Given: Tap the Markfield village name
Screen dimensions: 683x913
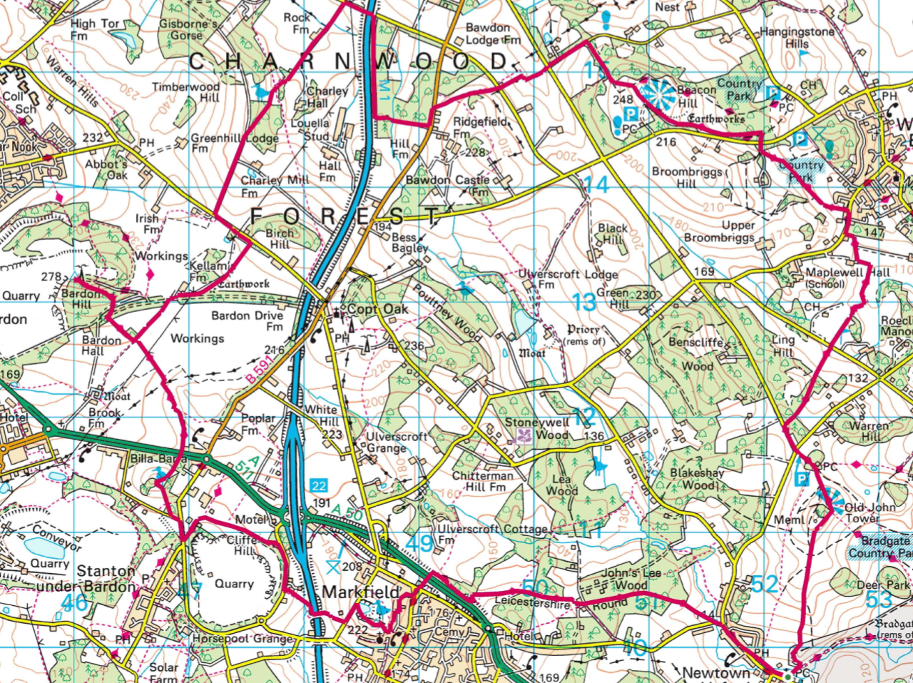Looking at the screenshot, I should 358,592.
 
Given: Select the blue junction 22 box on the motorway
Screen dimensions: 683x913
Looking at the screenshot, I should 318,486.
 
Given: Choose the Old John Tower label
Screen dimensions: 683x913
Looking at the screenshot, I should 869,513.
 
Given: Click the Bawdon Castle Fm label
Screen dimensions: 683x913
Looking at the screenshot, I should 448,186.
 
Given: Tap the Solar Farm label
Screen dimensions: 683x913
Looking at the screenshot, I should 163,673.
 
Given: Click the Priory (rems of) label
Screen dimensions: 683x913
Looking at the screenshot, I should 583,335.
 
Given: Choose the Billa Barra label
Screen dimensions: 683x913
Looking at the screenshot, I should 158,459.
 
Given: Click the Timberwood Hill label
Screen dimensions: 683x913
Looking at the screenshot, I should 185,92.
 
